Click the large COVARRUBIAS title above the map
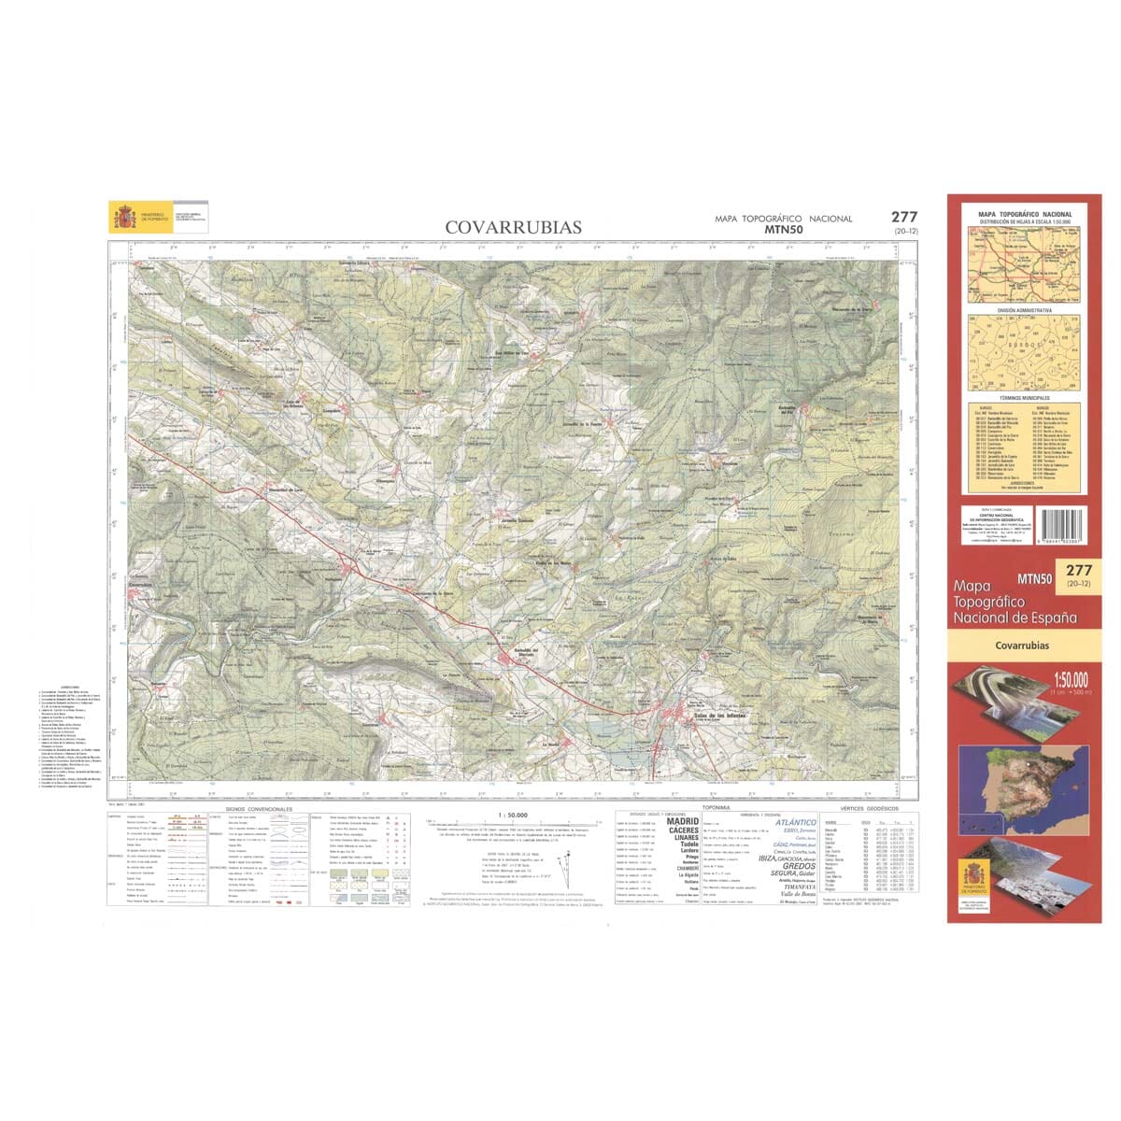tap(513, 227)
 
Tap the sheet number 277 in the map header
tap(904, 217)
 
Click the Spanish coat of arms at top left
tap(123, 216)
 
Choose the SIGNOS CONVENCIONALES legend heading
tap(259, 809)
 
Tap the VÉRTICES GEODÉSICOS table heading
tap(869, 807)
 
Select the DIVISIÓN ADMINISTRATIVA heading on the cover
tap(1024, 309)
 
